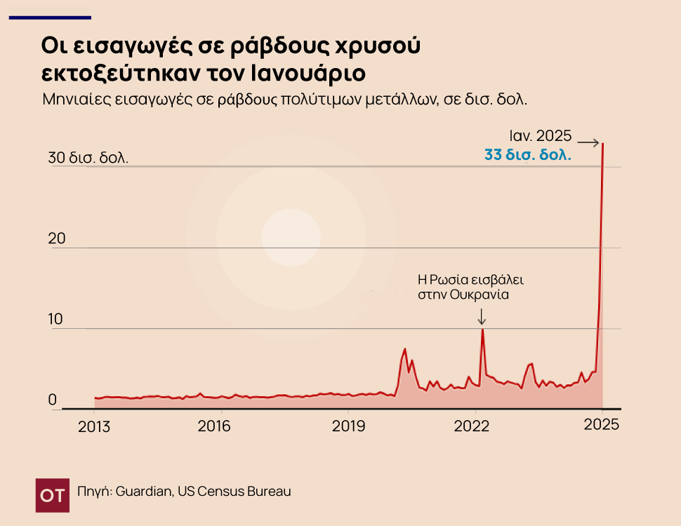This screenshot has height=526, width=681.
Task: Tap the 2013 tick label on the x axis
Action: pyautogui.click(x=94, y=425)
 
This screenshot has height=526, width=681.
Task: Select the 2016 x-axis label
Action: pyautogui.click(x=214, y=425)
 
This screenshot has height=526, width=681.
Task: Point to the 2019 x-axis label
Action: pyautogui.click(x=347, y=425)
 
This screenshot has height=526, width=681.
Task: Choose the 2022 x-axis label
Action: pyautogui.click(x=472, y=425)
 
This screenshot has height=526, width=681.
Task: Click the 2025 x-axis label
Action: pyautogui.click(x=602, y=425)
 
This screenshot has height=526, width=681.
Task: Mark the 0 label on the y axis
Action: pyautogui.click(x=52, y=400)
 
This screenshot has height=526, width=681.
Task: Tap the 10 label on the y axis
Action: pyautogui.click(x=56, y=319)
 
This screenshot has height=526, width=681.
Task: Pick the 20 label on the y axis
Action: pyautogui.click(x=56, y=238)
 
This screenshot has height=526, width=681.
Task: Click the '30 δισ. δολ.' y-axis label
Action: pyautogui.click(x=88, y=158)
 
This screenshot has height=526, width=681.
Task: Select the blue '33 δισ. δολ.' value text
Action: pyautogui.click(x=528, y=154)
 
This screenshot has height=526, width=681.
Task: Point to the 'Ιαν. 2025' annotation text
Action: pyautogui.click(x=541, y=136)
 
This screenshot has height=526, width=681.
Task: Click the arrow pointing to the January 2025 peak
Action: pyautogui.click(x=588, y=143)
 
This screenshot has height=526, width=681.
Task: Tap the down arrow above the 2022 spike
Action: pyautogui.click(x=482, y=317)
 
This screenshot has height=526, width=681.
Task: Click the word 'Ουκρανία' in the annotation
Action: pyautogui.click(x=484, y=295)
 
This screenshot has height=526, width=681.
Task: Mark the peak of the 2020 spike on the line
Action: pyautogui.click(x=405, y=349)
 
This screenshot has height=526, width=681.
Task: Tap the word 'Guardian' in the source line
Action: pyautogui.click(x=143, y=492)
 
